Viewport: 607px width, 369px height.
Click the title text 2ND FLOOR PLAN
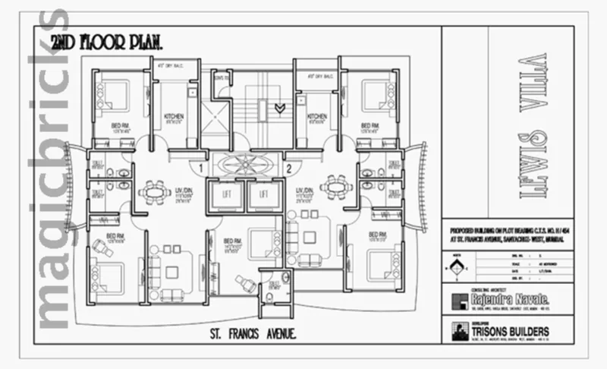click(x=106, y=43)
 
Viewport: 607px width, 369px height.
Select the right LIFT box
click(x=264, y=196)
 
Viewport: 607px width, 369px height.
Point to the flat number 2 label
click(x=289, y=168)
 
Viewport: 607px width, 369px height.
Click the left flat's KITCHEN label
click(x=175, y=117)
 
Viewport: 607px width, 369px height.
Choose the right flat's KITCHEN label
click(x=317, y=117)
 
